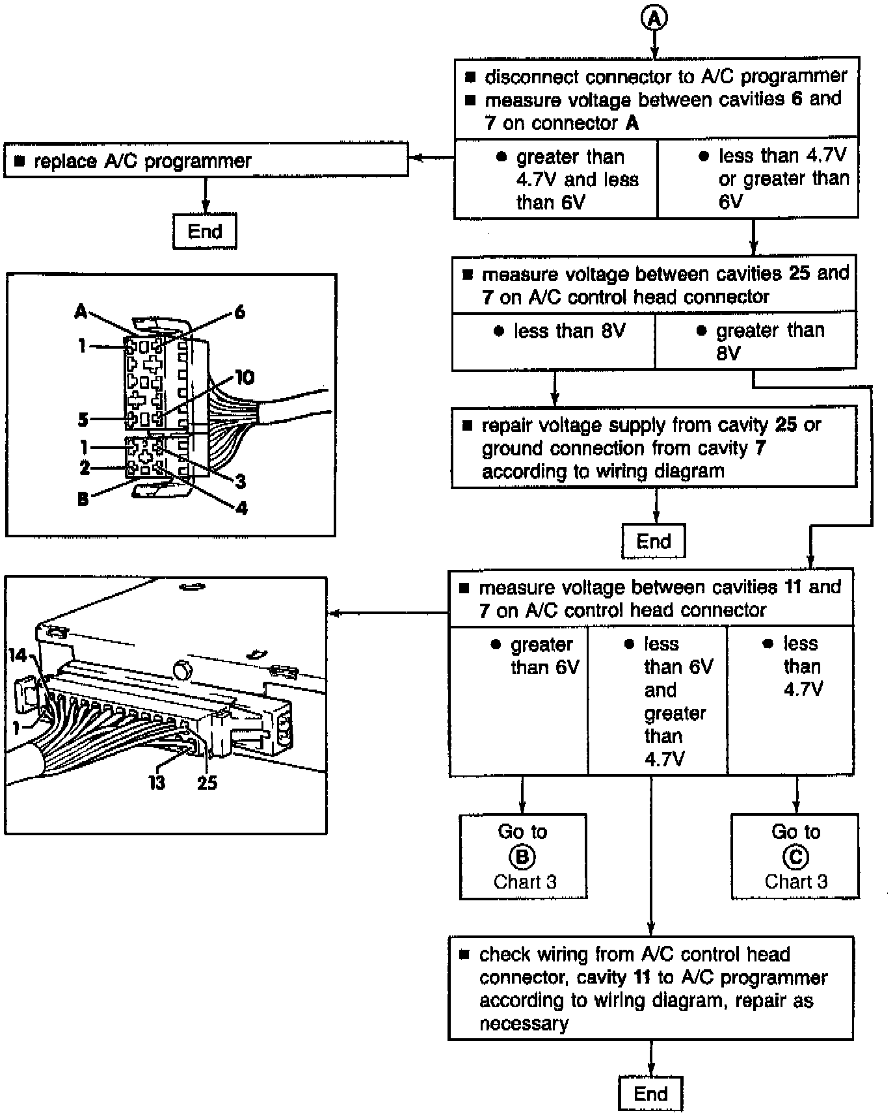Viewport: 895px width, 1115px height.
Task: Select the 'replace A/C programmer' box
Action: pos(206,160)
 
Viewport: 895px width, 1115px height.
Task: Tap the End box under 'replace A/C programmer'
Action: pos(205,231)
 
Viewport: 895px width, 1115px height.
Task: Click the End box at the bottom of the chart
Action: pos(650,1094)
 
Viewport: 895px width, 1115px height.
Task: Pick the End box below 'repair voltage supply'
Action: pos(653,541)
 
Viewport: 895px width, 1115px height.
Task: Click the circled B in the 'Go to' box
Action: pos(522,857)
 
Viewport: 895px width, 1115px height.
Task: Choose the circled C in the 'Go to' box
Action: pos(795,857)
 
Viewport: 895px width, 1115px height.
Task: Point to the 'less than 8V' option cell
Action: pos(554,342)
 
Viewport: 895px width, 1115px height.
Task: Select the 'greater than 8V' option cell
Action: pos(755,342)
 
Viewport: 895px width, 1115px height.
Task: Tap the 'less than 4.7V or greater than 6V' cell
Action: pos(758,178)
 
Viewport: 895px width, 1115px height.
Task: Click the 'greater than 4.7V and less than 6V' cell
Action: pos(555,179)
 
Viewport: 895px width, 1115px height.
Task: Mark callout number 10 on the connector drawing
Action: pos(245,377)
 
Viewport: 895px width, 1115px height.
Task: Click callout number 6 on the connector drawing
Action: pos(239,312)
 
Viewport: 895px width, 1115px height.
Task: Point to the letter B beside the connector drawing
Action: pos(83,500)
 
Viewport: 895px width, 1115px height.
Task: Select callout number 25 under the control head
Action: pos(207,783)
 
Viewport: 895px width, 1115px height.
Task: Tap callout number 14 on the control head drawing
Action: pos(18,655)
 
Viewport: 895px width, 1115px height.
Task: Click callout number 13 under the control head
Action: pos(157,783)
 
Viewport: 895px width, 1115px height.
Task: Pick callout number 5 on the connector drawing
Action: pos(83,420)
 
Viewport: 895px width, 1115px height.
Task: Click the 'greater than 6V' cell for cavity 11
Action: pos(518,701)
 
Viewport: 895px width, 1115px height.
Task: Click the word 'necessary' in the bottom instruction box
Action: pos(524,1023)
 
